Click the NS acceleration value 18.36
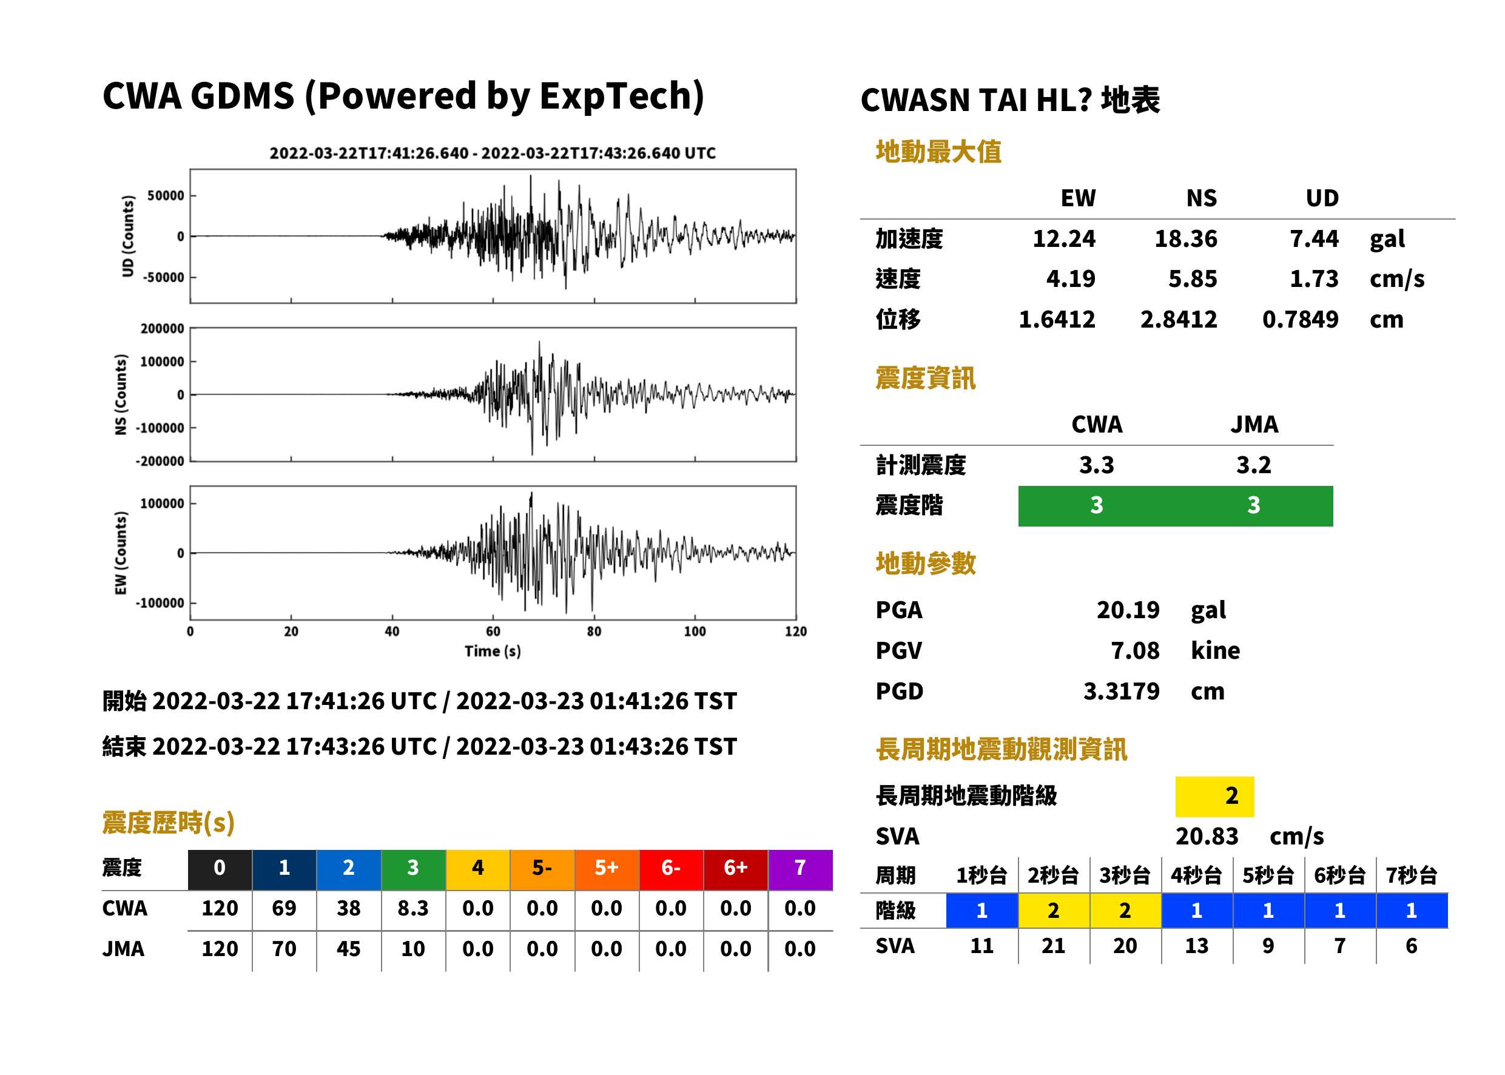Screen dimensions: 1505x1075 tap(1185, 238)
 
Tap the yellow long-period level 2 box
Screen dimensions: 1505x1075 tap(1214, 796)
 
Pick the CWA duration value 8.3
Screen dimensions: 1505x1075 tap(413, 908)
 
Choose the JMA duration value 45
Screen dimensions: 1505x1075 tap(349, 949)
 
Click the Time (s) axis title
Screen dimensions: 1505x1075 tap(493, 652)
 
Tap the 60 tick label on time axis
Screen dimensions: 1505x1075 tap(493, 632)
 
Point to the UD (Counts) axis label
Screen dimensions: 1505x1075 tap(128, 237)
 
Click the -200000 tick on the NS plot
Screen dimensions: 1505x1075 tap(160, 462)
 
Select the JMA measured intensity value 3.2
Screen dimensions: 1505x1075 tap(1253, 465)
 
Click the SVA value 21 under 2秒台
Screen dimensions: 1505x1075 tap(1054, 946)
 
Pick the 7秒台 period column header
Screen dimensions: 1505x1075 tap(1412, 875)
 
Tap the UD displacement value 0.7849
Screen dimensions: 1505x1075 tap(1301, 320)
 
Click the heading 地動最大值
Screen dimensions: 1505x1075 tap(938, 152)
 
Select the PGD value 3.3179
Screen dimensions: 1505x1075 tap(1122, 691)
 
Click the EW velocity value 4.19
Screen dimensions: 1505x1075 tap(1071, 278)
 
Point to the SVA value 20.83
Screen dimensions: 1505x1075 tap(1207, 837)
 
